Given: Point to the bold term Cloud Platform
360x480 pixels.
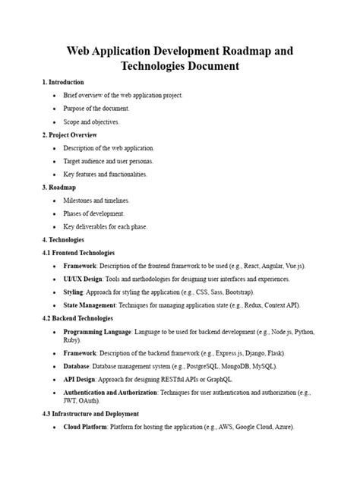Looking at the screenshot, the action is pyautogui.click(x=88, y=428).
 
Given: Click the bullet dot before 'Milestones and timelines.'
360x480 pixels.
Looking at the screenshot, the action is pyautogui.click(x=53, y=201).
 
